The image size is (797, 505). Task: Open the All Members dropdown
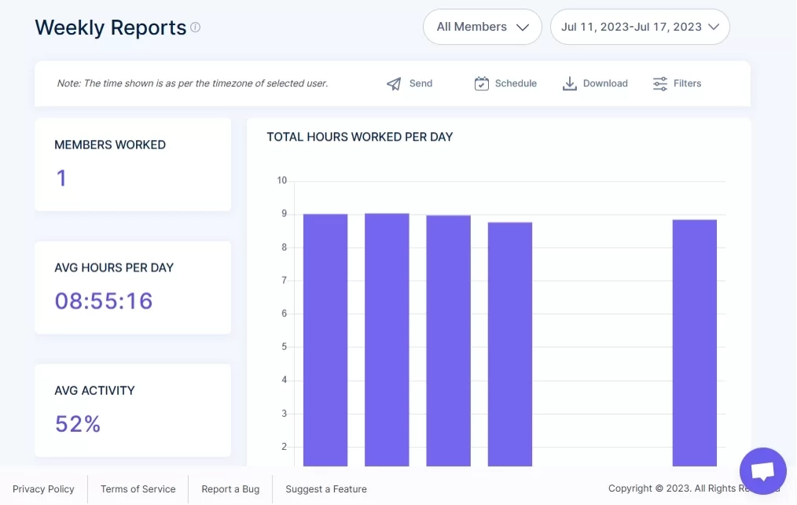483,27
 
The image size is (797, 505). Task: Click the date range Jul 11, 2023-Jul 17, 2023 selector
640,27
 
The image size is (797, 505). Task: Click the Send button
410,83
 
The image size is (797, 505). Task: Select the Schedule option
505,83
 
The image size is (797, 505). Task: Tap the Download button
595,83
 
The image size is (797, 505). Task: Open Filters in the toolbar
677,83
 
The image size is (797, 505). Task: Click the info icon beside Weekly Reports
196,28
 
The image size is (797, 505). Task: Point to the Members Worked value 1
61,179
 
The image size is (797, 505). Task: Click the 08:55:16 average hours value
104,300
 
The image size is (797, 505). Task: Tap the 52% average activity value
78,424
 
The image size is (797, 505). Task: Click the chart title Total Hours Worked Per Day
360,137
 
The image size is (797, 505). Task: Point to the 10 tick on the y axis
282,181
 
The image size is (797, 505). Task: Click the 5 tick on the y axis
284,347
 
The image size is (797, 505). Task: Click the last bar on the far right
695,343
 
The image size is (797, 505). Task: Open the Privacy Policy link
43,489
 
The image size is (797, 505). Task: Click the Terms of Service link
138,489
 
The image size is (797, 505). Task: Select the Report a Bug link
230,489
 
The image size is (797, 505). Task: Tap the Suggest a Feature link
326,489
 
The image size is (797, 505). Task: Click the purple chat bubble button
762,471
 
